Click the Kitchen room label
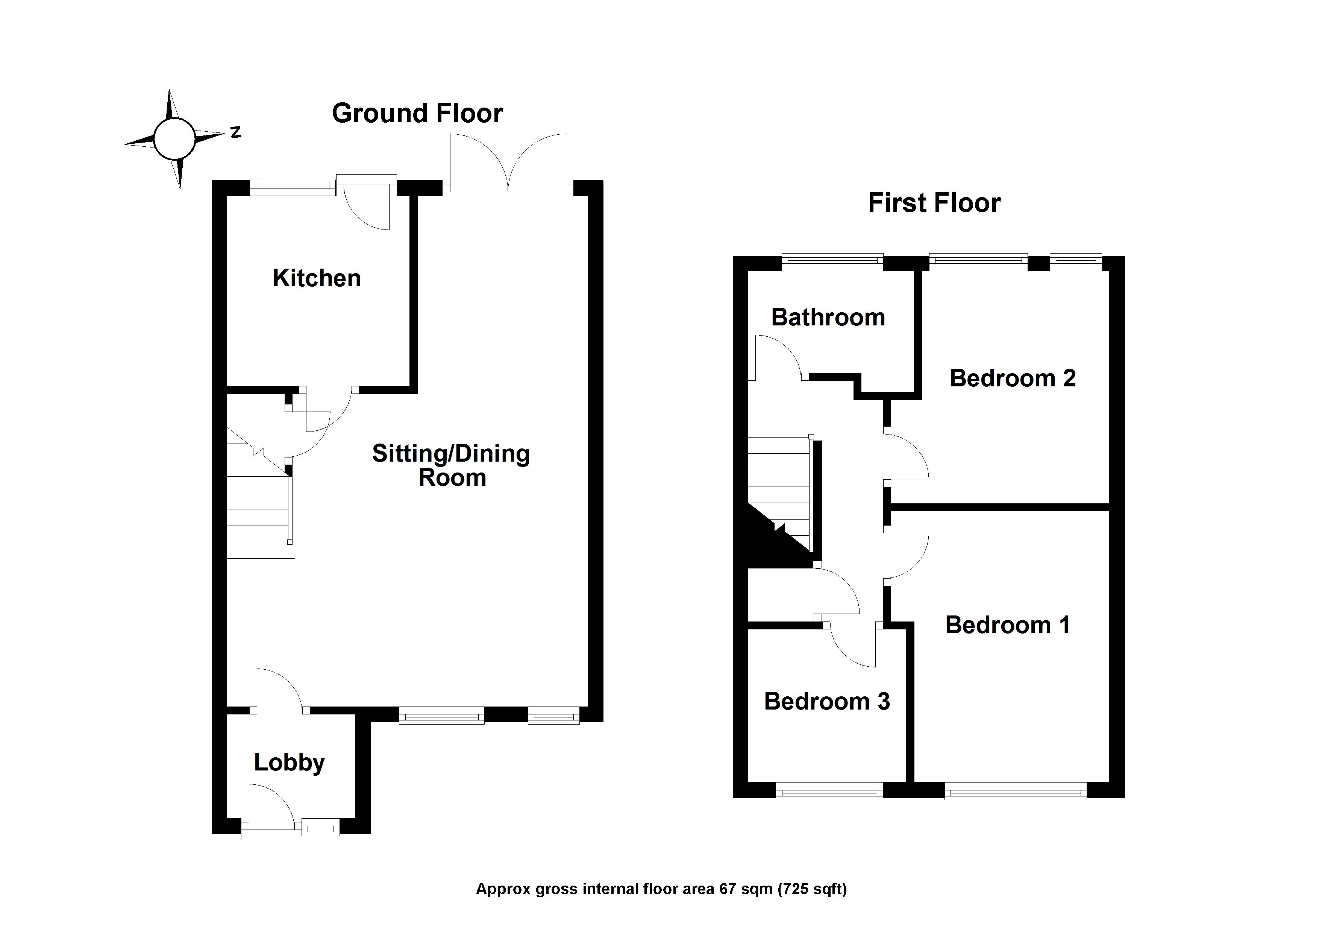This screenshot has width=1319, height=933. coord(317,278)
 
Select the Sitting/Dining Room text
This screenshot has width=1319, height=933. coord(451,466)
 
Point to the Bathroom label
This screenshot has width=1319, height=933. coord(828,317)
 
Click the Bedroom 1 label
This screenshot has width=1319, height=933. coord(1008,625)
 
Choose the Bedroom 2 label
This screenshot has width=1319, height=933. coord(1012,378)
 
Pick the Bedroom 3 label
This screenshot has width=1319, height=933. coord(827,701)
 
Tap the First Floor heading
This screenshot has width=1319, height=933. coord(934,203)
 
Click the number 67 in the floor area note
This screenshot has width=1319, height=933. coord(727,889)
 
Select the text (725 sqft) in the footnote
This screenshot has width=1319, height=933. coord(812,890)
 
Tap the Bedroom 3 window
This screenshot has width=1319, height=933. coord(829,792)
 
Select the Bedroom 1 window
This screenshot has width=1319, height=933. coord(1015,792)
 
